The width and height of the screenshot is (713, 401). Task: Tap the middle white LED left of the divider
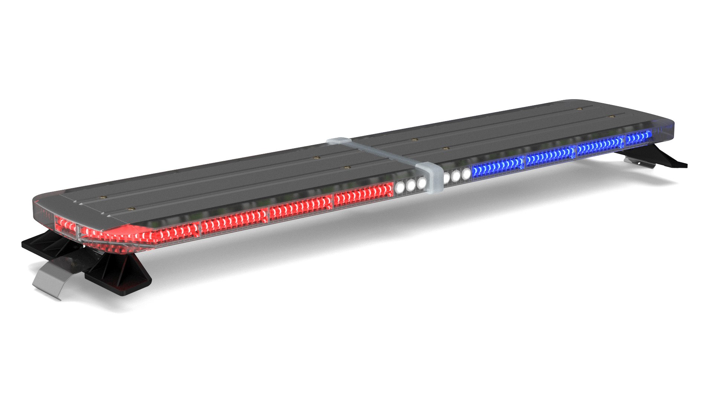pyautogui.click(x=410, y=185)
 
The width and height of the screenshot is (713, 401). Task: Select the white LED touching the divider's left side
pyautogui.click(x=421, y=183)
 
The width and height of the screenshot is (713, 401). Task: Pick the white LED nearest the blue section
pyautogui.click(x=466, y=174)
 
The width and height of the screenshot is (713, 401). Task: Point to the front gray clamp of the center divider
pyautogui.click(x=429, y=177)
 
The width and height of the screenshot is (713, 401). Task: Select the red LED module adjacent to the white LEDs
pyautogui.click(x=363, y=195)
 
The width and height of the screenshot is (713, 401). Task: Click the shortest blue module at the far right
pyautogui.click(x=638, y=138)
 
